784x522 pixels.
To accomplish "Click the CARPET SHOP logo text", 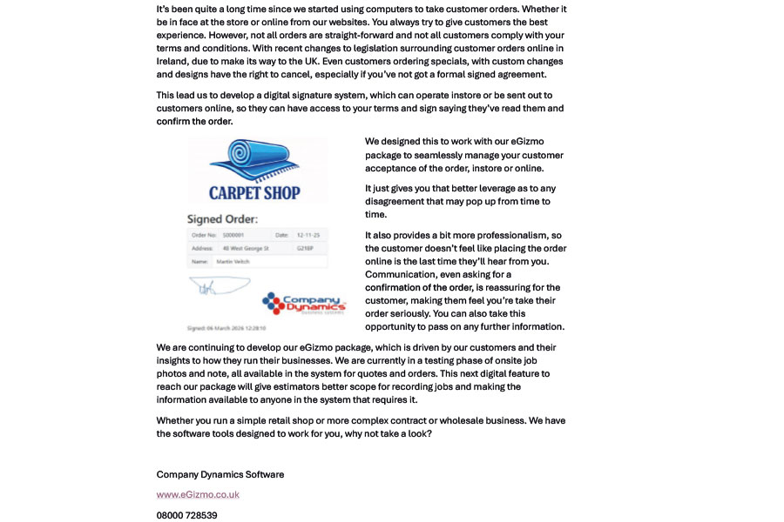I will (254, 193).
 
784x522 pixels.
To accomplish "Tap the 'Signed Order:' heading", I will (222, 219).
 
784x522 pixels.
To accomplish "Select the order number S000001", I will (233, 235).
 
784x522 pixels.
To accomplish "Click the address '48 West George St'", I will (246, 248).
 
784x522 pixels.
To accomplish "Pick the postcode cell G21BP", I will (305, 248).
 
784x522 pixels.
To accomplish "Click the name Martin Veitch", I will (232, 261).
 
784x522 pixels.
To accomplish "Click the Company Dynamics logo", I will (304, 304).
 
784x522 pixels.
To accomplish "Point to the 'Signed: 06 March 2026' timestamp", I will (226, 328).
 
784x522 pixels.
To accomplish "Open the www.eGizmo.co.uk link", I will (198, 495).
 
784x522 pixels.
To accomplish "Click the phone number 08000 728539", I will (186, 515).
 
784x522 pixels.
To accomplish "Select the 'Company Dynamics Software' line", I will (220, 475).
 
